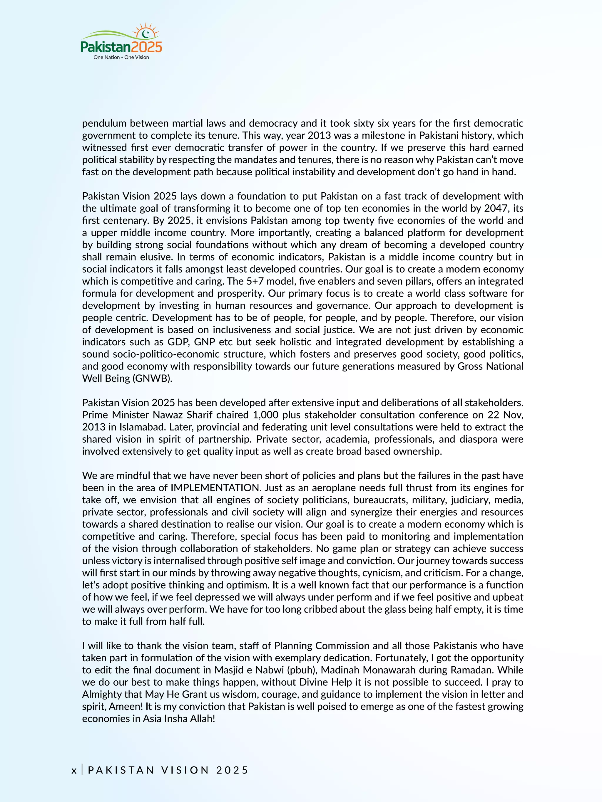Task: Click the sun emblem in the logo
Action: point(146,33)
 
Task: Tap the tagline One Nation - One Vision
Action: point(121,57)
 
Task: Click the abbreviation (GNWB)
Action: point(152,379)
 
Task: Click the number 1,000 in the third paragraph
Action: point(266,415)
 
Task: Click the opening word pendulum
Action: point(104,124)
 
